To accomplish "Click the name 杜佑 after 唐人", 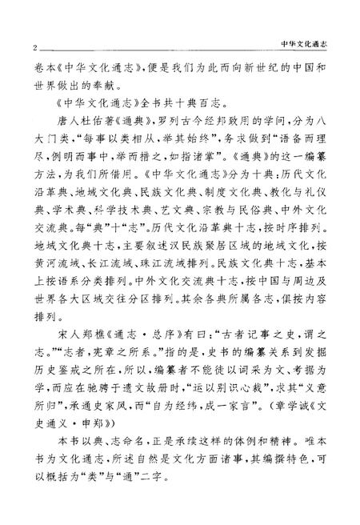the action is pos(82,126).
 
